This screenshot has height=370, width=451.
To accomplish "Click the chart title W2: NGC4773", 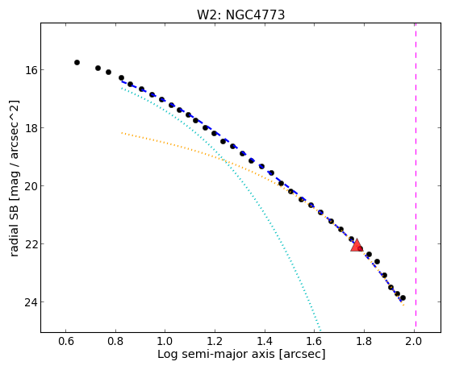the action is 240,15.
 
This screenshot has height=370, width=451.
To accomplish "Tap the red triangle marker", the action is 357,246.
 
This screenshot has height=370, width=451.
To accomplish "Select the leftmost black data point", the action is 77,62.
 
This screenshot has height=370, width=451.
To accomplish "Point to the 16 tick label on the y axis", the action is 30,70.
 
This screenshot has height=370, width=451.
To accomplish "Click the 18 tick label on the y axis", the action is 30,128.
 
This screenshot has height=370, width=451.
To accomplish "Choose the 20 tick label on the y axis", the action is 30,186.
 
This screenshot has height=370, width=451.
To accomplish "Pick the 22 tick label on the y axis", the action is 30,244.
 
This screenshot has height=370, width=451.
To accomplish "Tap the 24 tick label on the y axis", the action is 30,302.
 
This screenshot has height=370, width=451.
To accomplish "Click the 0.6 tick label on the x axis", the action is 66,342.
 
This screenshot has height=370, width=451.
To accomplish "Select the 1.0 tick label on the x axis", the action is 165,342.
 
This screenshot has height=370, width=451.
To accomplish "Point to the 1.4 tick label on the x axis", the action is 265,342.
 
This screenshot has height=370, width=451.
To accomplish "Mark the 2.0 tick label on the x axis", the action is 414,342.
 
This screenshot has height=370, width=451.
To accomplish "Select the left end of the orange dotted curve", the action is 122,133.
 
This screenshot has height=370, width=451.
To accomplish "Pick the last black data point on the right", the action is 403,297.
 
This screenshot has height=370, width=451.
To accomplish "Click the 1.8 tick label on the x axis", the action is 364,342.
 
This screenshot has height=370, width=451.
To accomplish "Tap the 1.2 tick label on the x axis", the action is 215,342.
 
